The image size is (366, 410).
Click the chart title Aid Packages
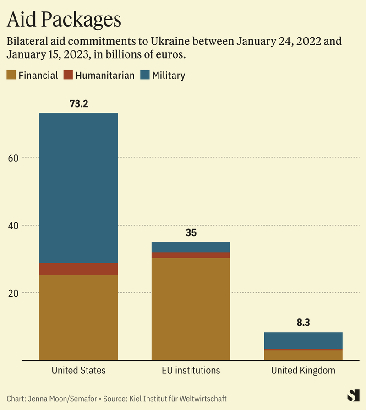(x=64, y=19)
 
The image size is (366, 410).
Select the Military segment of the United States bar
(x=78, y=188)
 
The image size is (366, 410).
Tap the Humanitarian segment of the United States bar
(x=78, y=269)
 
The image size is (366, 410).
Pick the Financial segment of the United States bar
(x=78, y=318)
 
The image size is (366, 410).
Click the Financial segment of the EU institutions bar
(x=191, y=309)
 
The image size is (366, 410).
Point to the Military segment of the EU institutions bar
(x=191, y=247)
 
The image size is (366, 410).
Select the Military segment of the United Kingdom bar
(x=303, y=340)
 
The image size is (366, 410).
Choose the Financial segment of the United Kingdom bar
(x=303, y=355)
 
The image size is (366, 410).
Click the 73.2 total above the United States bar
(x=78, y=103)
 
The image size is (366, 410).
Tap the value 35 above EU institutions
(x=191, y=232)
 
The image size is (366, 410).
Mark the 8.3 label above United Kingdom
(x=303, y=323)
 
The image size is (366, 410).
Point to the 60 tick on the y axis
(x=13, y=158)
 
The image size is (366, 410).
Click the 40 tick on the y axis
(x=13, y=225)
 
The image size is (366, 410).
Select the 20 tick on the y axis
(x=13, y=293)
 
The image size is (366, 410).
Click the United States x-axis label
(x=78, y=370)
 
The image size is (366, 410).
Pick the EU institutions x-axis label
(x=191, y=370)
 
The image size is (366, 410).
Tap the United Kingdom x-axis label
(x=303, y=370)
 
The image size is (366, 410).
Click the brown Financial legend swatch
(x=11, y=75)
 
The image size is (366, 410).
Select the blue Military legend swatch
(x=145, y=75)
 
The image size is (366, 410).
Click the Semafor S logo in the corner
(x=353, y=395)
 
